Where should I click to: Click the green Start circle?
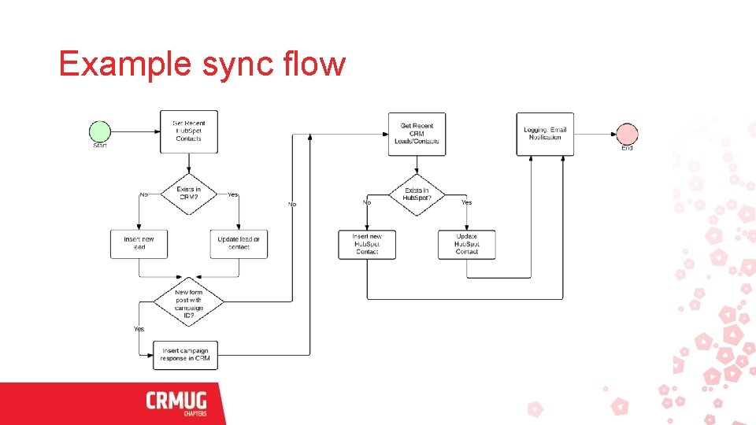100,132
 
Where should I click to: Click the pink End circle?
627,135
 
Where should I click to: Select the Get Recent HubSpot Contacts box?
189,131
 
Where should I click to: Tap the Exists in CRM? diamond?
189,194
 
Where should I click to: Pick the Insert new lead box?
139,243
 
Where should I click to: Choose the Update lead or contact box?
239,243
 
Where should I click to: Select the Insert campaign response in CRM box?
185,355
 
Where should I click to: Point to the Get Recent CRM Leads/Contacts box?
417,134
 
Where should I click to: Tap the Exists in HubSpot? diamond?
417,194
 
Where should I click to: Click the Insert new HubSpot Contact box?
367,244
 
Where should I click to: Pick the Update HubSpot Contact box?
467,244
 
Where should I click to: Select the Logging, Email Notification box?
545,134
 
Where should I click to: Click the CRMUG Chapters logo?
176,403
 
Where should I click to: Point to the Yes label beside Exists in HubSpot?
467,203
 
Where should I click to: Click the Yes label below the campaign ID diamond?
139,329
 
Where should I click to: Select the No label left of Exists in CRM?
143,194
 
